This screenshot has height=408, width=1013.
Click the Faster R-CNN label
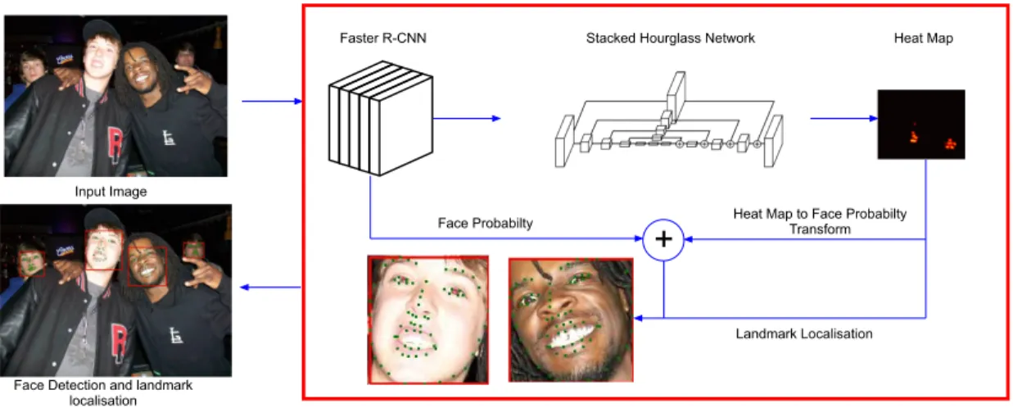[383, 38]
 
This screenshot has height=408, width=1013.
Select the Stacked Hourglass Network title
[670, 38]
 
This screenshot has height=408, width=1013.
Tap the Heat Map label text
[924, 38]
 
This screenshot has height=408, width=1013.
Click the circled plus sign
[663, 240]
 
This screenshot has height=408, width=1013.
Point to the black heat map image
[921, 125]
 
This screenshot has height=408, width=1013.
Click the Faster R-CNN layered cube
[380, 119]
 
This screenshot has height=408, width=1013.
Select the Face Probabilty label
[486, 223]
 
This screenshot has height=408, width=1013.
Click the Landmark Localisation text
[804, 333]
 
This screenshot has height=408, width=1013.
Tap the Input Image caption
[111, 192]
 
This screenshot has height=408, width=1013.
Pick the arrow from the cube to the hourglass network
[467, 119]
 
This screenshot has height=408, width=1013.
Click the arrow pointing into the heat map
[843, 119]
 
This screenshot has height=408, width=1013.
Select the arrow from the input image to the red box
[272, 102]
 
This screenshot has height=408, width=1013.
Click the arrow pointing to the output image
[270, 288]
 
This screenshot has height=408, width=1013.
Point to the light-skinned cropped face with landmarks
[427, 320]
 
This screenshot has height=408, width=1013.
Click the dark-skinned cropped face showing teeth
[571, 320]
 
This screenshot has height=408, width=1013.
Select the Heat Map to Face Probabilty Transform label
[820, 221]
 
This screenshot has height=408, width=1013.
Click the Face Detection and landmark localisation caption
[103, 392]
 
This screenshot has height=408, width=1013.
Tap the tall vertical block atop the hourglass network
[676, 90]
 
